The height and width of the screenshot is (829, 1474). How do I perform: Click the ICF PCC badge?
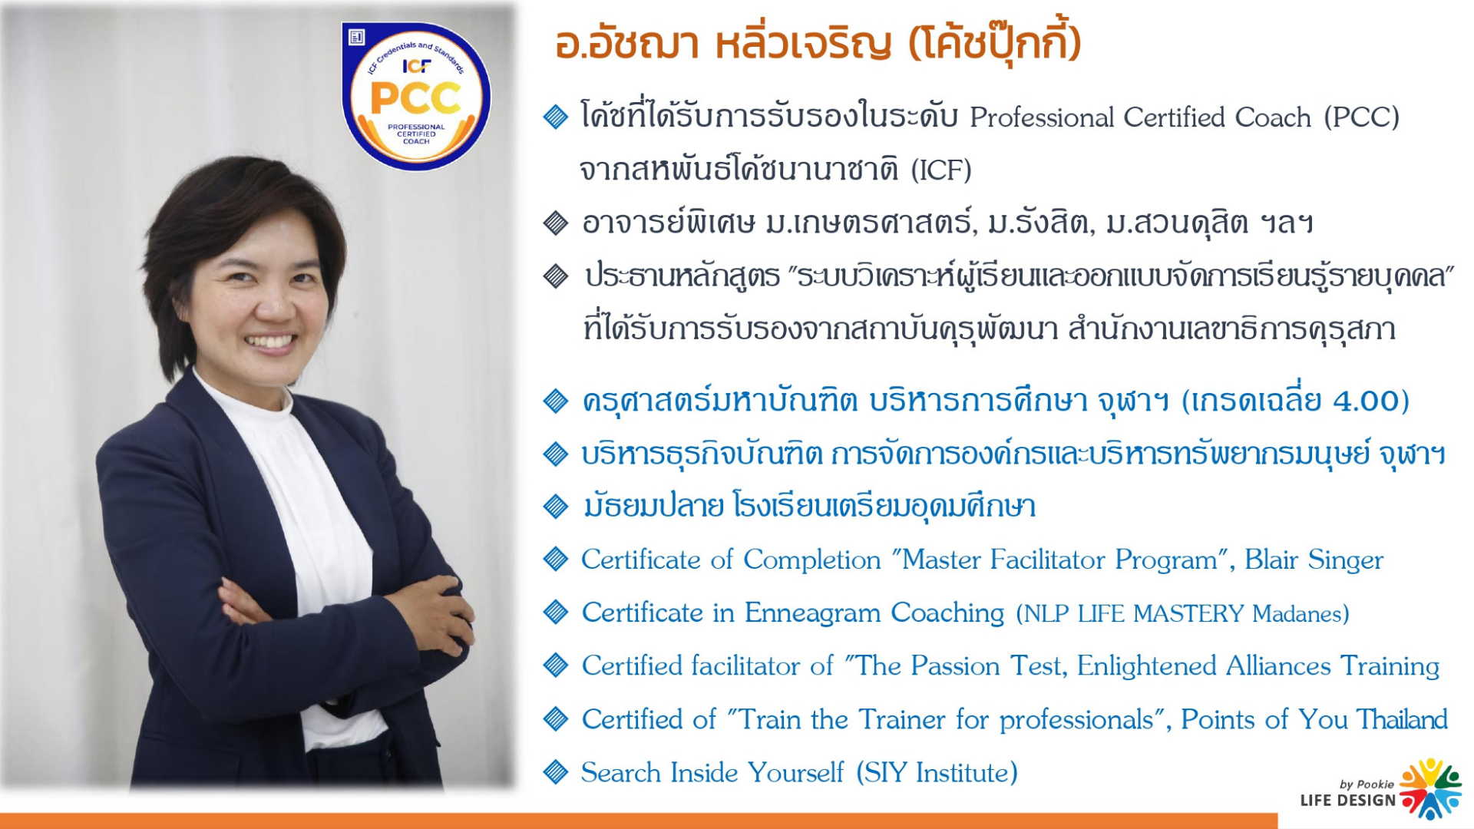[416, 96]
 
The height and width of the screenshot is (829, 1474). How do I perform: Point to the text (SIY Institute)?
[937, 772]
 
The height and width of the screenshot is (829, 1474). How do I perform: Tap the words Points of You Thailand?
[1314, 719]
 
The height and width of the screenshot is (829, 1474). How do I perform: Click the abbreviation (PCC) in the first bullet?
[1361, 117]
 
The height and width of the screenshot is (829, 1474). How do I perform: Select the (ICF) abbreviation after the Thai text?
[941, 170]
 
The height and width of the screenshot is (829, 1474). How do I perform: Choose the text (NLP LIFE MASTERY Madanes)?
[1182, 613]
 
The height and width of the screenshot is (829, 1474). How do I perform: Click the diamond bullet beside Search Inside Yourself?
[555, 771]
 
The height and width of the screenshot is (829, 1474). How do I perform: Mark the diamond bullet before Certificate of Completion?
[555, 559]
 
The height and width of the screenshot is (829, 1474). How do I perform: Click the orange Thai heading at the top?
[818, 43]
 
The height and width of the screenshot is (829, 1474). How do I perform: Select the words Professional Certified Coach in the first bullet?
[1140, 117]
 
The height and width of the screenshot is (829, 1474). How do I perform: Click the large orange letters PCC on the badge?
[415, 98]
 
